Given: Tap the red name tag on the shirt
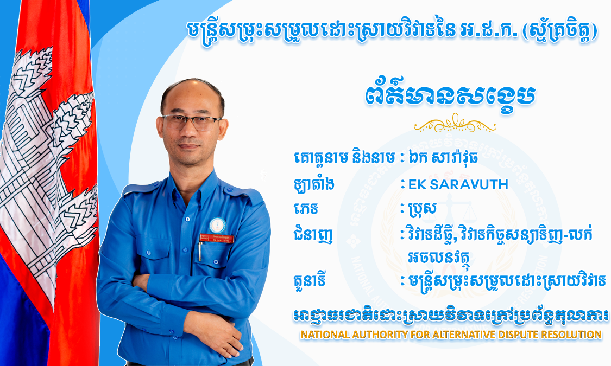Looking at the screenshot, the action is tap(217, 238).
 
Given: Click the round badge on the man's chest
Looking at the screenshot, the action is tap(217, 225).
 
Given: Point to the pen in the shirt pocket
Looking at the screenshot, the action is tap(200, 251).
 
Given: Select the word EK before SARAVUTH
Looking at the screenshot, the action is tap(417, 184).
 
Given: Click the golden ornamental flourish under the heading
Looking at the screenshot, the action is tap(455, 123).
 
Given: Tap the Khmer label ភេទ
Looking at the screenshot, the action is tap(306, 209).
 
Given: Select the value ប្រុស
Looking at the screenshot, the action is tap(423, 209).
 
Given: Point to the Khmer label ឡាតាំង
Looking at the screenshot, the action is tap(314, 184).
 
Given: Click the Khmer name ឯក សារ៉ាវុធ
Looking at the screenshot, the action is tap(443, 158).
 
